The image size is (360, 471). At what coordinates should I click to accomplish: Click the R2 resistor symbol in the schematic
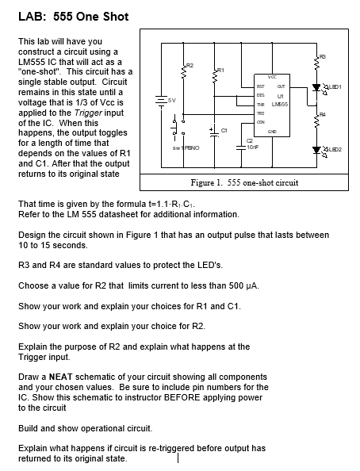tap(184, 72)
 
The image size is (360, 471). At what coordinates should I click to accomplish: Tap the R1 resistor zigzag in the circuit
tap(215, 76)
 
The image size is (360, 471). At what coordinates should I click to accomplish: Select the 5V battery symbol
tap(162, 101)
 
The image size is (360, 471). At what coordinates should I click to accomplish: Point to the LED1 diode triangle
tap(316, 87)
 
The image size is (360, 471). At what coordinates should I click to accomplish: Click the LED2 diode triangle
tap(316, 150)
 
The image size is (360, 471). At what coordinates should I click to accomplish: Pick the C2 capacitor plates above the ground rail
tap(241, 147)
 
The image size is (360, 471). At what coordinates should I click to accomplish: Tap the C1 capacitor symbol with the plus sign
tap(214, 132)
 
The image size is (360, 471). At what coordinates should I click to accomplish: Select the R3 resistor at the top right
tap(316, 63)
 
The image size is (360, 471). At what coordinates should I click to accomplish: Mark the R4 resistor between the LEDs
tap(316, 121)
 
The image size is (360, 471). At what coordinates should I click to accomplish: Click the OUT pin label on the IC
tap(281, 86)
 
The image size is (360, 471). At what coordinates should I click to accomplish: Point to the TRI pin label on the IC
tap(260, 113)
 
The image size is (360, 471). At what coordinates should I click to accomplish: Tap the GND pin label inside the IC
tap(272, 132)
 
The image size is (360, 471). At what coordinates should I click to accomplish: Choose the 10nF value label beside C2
tap(253, 147)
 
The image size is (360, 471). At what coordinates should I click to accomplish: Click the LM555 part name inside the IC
tap(280, 105)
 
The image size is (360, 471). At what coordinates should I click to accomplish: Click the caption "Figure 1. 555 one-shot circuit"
tap(244, 182)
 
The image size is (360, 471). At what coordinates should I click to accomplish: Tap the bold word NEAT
tap(61, 377)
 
